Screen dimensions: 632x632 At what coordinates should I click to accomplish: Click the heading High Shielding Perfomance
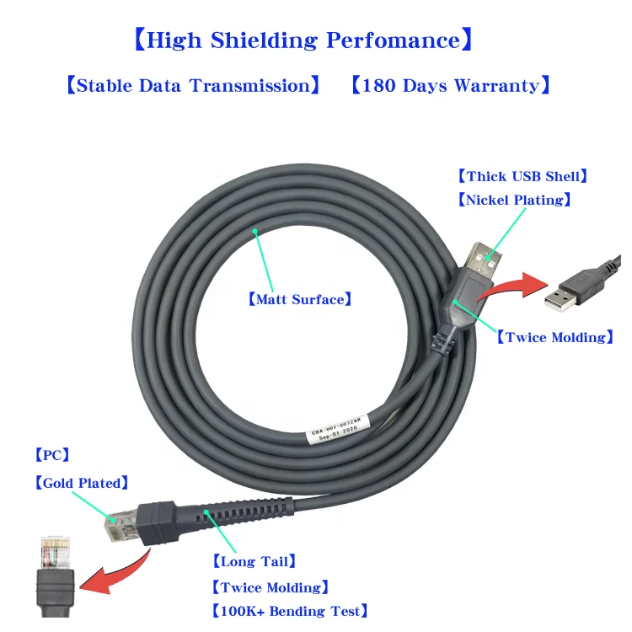pos(304,40)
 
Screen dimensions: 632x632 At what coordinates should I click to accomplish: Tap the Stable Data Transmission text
pos(193,85)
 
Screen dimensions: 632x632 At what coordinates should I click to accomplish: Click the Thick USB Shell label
pos(522,176)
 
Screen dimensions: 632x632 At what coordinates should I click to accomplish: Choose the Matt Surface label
pos(299,298)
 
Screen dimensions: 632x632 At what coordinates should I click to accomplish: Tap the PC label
pos(51,456)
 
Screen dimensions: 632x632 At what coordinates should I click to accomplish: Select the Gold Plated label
pos(81,483)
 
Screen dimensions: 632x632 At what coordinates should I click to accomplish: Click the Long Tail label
pos(254,561)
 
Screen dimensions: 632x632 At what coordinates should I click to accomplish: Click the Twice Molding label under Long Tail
pos(269,587)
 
